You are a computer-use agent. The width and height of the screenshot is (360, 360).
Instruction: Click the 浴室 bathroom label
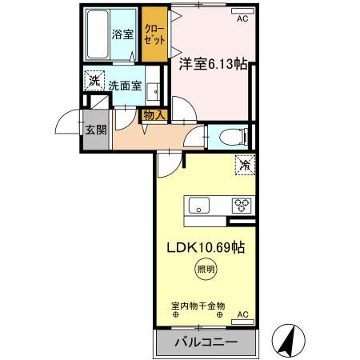(122, 35)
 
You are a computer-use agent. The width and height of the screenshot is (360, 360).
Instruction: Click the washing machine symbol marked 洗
(94, 81)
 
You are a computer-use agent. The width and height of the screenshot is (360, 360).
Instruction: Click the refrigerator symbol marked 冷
(244, 166)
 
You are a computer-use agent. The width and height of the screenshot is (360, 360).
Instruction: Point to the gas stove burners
(242, 205)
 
